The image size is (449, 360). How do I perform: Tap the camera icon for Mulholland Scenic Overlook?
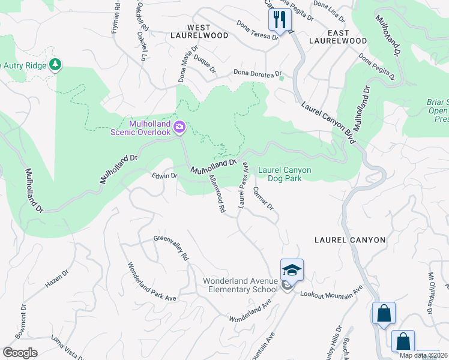[x=179, y=127]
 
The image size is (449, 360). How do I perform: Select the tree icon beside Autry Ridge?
[x=55, y=64]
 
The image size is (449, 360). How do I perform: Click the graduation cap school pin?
[x=292, y=270]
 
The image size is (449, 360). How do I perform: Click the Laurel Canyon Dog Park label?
[x=285, y=174]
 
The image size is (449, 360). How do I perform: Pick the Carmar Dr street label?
[x=263, y=198]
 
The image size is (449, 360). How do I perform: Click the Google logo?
[x=20, y=353]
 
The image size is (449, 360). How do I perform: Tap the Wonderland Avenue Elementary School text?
[x=240, y=285]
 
